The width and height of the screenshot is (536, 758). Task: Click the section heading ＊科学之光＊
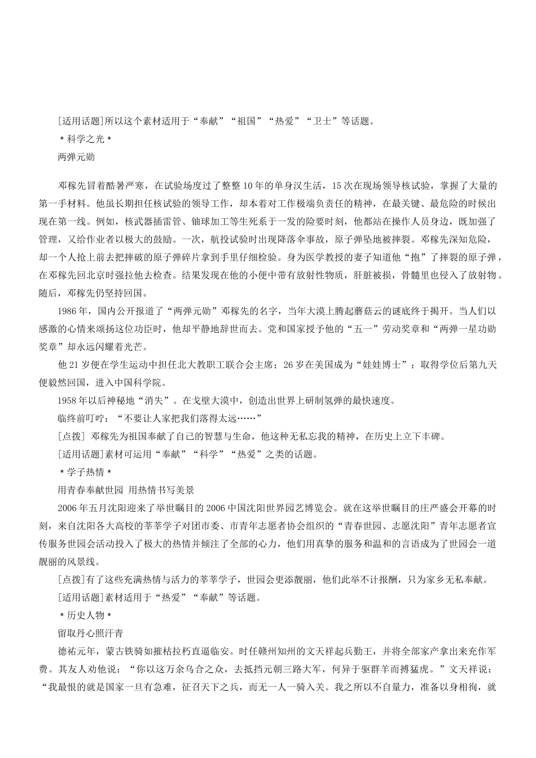[86, 139]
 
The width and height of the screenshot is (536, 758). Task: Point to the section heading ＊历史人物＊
[86, 615]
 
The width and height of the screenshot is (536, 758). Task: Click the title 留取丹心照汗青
[90, 633]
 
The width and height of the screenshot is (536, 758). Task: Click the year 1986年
[71, 310]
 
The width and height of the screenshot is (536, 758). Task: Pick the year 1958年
[71, 400]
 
